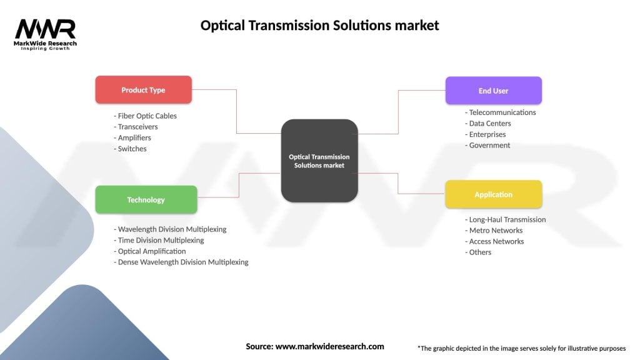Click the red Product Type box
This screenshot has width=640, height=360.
click(x=143, y=90)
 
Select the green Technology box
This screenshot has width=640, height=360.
click(x=146, y=200)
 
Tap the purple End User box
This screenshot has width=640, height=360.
click(x=493, y=91)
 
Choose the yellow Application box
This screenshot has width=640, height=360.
click(x=493, y=194)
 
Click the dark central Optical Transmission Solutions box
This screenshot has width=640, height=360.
click(x=319, y=161)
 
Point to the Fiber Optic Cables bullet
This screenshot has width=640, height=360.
click(x=146, y=116)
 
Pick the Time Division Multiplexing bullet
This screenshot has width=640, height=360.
click(x=159, y=240)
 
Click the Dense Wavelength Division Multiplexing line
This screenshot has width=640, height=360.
click(x=181, y=262)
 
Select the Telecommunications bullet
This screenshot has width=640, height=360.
click(x=501, y=112)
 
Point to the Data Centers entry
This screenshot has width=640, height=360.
click(x=490, y=123)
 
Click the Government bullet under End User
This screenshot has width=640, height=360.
click(x=487, y=145)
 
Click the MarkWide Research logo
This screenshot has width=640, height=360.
click(x=46, y=34)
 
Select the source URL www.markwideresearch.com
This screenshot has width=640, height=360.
click(x=329, y=346)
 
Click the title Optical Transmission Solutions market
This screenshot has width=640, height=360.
click(x=319, y=26)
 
